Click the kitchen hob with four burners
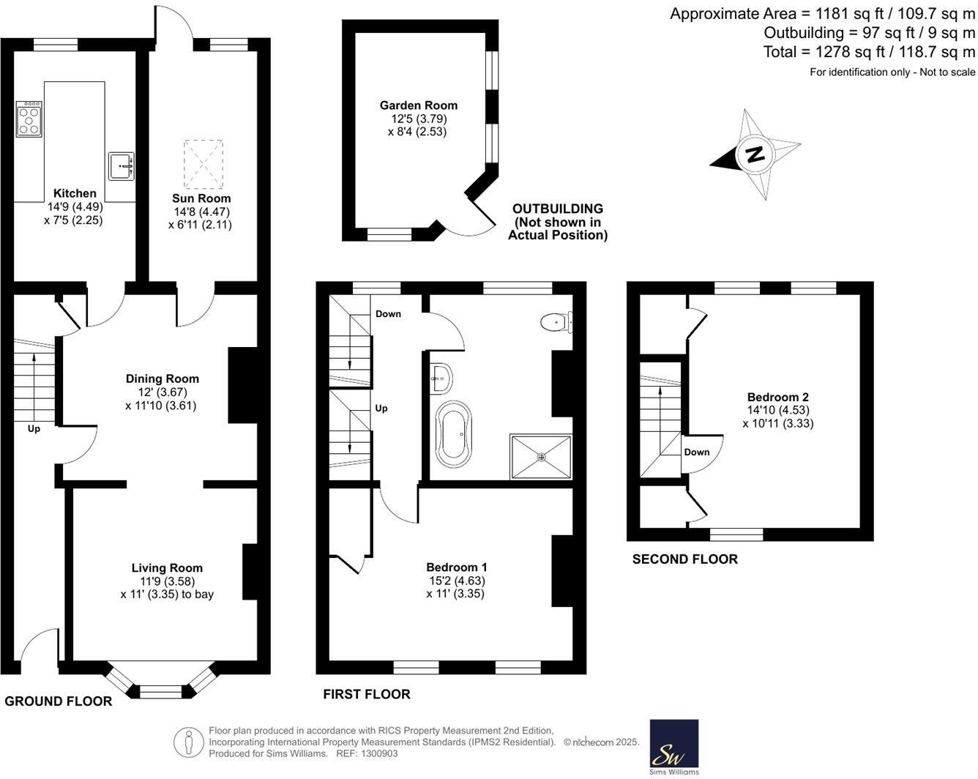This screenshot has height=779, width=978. (x=29, y=119)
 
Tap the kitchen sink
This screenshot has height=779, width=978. (x=122, y=166)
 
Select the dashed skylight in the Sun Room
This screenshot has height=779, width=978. (x=204, y=164)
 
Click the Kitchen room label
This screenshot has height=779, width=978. (x=75, y=193)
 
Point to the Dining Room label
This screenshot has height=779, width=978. (x=163, y=379)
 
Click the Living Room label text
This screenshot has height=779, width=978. (x=167, y=567)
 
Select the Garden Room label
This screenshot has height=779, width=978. (x=419, y=105)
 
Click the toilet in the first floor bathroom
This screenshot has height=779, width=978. (x=556, y=322)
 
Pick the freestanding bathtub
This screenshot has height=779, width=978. (x=454, y=433)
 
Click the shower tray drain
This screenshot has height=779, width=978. (x=541, y=457)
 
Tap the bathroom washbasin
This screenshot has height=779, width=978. (x=441, y=377)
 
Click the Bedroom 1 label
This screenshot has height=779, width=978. (x=457, y=567)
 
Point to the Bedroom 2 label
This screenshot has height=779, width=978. (x=778, y=398)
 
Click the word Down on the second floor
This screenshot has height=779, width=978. (x=697, y=452)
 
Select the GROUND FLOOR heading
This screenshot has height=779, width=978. (x=58, y=701)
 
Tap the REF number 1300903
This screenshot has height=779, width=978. (x=379, y=753)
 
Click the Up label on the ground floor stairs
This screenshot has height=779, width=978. (x=34, y=428)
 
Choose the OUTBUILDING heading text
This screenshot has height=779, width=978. (x=558, y=209)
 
